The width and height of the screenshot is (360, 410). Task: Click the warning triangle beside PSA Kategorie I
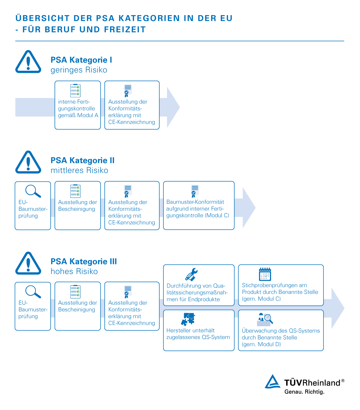click(x=28, y=62)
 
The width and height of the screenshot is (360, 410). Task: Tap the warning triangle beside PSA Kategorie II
click(x=28, y=163)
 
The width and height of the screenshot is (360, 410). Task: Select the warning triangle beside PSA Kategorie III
click(x=28, y=264)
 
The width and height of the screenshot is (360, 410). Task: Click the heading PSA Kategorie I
click(x=81, y=60)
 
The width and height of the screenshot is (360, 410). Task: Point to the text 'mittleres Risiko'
click(x=79, y=171)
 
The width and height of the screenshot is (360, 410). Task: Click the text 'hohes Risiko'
click(x=74, y=272)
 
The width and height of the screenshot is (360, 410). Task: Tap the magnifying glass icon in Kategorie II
click(x=33, y=191)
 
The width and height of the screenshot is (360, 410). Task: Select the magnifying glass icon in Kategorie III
click(x=33, y=292)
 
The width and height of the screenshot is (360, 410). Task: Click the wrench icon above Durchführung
click(x=192, y=274)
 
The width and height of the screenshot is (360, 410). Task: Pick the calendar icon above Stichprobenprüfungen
click(x=265, y=274)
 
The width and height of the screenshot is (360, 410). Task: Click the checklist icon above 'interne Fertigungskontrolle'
click(x=75, y=90)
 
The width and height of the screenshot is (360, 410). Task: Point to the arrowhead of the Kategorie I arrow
click(x=173, y=107)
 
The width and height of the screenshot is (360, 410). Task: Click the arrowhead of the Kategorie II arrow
click(x=249, y=208)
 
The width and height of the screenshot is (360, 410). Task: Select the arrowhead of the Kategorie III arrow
click(x=337, y=308)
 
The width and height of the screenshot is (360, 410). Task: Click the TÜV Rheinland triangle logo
click(x=273, y=382)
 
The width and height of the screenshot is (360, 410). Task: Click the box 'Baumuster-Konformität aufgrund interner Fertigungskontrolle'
click(x=199, y=206)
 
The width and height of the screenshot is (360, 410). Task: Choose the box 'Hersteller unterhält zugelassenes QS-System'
click(x=199, y=330)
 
